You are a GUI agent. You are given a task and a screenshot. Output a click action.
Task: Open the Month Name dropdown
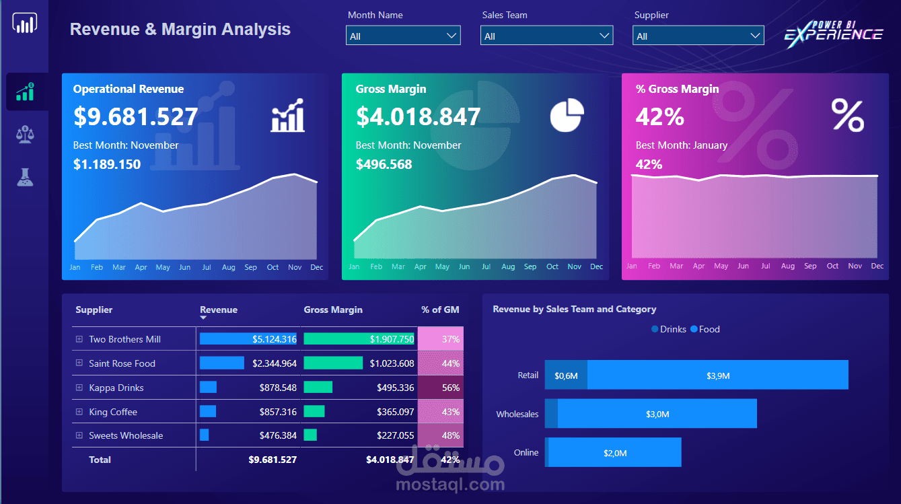[x=403, y=36]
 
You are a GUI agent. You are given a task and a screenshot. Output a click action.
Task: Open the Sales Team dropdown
[x=546, y=36]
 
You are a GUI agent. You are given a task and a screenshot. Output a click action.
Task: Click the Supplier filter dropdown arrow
[x=755, y=36]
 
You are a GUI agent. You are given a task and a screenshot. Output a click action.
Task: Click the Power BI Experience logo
[x=833, y=34]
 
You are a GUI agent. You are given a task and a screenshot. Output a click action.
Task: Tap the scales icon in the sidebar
[x=25, y=135]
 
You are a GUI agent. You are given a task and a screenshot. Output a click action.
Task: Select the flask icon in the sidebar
[x=25, y=178]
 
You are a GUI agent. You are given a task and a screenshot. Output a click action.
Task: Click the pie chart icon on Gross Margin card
[x=567, y=116]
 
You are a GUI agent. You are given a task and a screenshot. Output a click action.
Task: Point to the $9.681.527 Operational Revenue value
[x=135, y=116]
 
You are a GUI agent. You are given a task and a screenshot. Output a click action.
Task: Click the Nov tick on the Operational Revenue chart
[x=295, y=267]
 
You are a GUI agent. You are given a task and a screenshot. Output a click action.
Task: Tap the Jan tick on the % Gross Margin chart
[x=631, y=266]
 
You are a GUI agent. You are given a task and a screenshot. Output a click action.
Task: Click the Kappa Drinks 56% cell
[x=441, y=388]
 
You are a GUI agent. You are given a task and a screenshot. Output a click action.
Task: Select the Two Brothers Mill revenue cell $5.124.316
[x=248, y=339]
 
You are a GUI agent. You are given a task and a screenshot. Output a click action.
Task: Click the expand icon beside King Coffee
[x=79, y=412]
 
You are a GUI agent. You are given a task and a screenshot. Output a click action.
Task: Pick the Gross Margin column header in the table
[x=333, y=310]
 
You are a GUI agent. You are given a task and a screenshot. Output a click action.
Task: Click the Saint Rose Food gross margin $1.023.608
[x=392, y=363]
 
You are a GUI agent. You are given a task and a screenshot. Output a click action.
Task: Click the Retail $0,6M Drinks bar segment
[x=566, y=375]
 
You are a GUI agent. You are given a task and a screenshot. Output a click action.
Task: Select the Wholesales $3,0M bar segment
[x=657, y=414]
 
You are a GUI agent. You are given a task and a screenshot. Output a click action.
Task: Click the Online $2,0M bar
[x=614, y=452]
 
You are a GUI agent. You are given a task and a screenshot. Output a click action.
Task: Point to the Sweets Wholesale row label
[x=126, y=435]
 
